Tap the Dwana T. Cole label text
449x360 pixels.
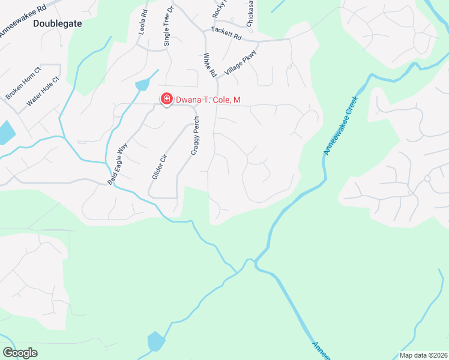(x=208, y=100)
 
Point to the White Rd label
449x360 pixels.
(x=209, y=65)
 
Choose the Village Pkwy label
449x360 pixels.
(x=241, y=62)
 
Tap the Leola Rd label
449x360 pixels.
(x=143, y=22)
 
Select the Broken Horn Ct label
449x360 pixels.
(x=23, y=83)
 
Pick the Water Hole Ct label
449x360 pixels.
(x=43, y=91)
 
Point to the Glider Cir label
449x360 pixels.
(x=159, y=166)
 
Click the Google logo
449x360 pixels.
(x=20, y=353)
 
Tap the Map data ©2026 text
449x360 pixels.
(x=423, y=355)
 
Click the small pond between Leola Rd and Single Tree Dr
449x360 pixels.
(x=143, y=84)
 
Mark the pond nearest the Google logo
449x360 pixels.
(x=155, y=341)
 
